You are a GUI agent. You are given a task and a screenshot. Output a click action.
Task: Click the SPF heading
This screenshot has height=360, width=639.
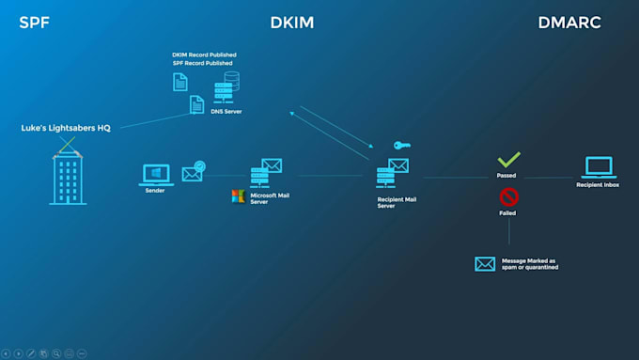pos(35,22)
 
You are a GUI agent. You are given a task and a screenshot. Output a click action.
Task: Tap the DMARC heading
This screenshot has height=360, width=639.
pos(569,22)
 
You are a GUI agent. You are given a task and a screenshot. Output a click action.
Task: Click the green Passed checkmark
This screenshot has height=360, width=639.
pos(508,160)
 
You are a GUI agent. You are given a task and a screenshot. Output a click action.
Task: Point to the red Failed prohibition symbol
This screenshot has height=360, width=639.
pos(508,196)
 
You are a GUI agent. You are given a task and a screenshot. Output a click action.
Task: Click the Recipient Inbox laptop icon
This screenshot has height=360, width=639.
pos(598,167)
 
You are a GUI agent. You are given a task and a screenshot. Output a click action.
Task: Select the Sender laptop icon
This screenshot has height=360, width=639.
pos(155,175)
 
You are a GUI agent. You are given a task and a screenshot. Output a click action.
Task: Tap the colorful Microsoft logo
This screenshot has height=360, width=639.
pos(238,196)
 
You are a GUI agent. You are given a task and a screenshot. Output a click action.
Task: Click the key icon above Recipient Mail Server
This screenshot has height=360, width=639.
pos(400,146)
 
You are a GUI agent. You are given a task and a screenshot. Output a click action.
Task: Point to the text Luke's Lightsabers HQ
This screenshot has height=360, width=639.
pos(66,128)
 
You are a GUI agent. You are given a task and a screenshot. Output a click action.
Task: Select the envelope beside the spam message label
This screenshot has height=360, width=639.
pos(485,263)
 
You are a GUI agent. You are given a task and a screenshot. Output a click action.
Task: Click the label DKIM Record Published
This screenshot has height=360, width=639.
pos(203,55)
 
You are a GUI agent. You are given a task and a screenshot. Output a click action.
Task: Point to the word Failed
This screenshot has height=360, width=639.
pos(507,213)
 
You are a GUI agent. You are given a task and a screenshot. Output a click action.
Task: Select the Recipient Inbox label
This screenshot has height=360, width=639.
pos(598,185)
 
